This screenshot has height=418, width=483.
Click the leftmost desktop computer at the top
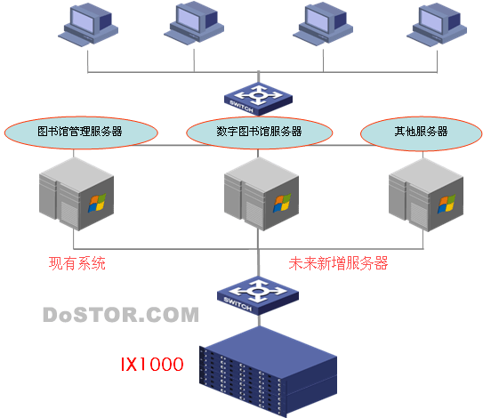(x=88, y=25)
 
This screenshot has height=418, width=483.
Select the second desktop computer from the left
(x=194, y=24)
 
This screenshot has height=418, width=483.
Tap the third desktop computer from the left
(x=323, y=24)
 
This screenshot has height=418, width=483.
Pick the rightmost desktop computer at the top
(x=437, y=25)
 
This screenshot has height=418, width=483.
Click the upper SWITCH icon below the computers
(x=258, y=99)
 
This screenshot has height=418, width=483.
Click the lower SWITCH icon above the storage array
(x=258, y=295)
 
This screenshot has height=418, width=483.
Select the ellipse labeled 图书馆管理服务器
(x=81, y=133)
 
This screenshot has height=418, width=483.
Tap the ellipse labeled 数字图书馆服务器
(x=260, y=133)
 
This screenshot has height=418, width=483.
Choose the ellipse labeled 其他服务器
(x=421, y=133)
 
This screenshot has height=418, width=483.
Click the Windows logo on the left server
(x=97, y=203)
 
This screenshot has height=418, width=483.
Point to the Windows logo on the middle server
(x=282, y=203)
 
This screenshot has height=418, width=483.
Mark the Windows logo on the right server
(x=447, y=204)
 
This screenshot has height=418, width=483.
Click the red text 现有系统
(x=77, y=263)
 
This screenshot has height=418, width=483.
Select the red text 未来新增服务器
(x=338, y=263)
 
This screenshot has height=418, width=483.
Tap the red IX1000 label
(x=152, y=364)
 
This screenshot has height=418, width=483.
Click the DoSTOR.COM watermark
(x=121, y=315)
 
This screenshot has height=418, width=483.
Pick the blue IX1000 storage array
(x=268, y=372)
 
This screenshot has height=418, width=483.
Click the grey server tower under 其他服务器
(x=426, y=195)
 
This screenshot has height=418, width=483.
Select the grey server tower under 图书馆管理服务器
(x=76, y=194)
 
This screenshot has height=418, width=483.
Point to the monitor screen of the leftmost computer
(x=82, y=19)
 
